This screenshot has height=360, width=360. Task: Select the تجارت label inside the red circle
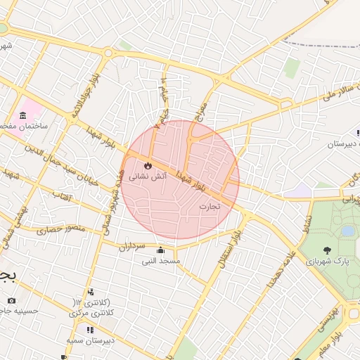(x=210, y=206)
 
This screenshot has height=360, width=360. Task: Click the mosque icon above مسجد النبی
(x=161, y=250)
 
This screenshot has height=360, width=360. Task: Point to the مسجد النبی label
(x=161, y=261)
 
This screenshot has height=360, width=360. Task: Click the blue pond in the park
(x=347, y=230)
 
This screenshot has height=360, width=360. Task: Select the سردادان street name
(x=131, y=246)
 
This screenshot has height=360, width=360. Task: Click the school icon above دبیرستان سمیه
(x=89, y=329)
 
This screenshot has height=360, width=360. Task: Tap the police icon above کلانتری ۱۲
(x=90, y=292)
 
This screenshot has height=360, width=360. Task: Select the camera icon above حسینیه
(x=11, y=301)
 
